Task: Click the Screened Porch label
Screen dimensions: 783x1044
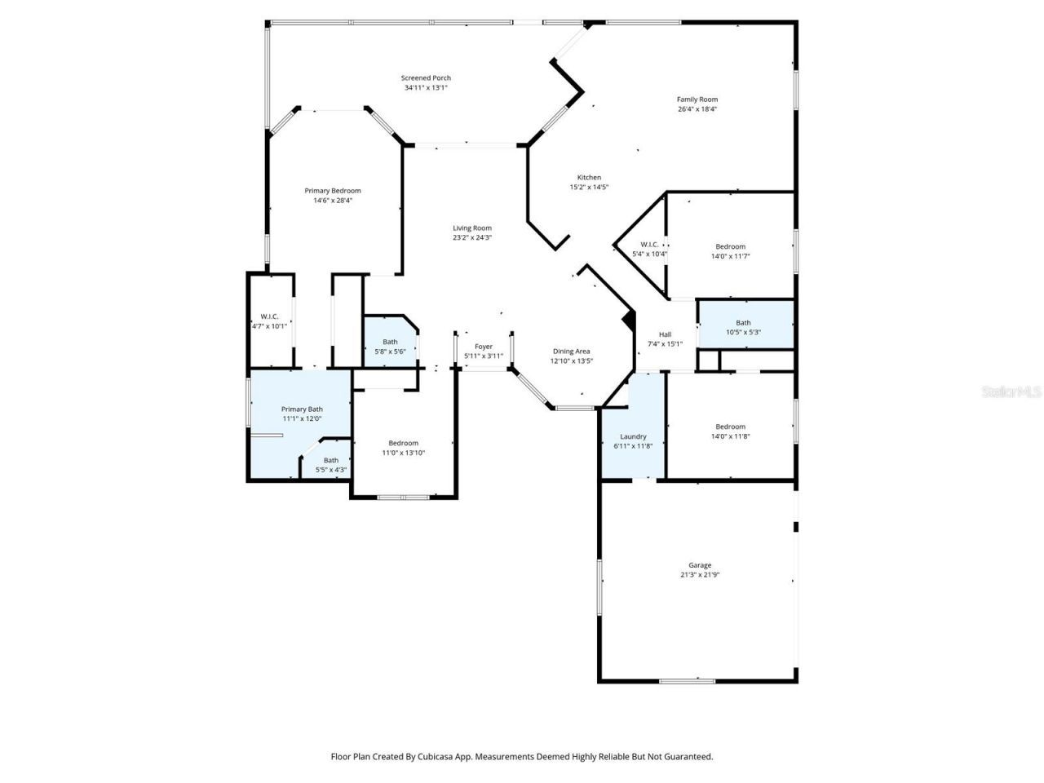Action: [x=426, y=78]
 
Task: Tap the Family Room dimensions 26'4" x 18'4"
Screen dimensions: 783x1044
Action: [x=697, y=109]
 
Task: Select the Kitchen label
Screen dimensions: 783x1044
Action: [x=589, y=178]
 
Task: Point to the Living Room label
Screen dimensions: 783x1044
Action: [x=472, y=228]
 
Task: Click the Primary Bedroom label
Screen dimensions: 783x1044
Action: [x=333, y=191]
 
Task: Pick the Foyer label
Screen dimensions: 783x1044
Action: [x=484, y=347]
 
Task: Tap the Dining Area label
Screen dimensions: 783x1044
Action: [x=571, y=352]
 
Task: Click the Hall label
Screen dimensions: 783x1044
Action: [x=665, y=334]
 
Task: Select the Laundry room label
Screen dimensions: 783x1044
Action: [x=633, y=437]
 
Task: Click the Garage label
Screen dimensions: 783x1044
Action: [x=700, y=565]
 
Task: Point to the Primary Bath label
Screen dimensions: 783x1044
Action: [x=302, y=409]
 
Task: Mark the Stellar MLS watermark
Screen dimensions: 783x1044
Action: [x=1011, y=392]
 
